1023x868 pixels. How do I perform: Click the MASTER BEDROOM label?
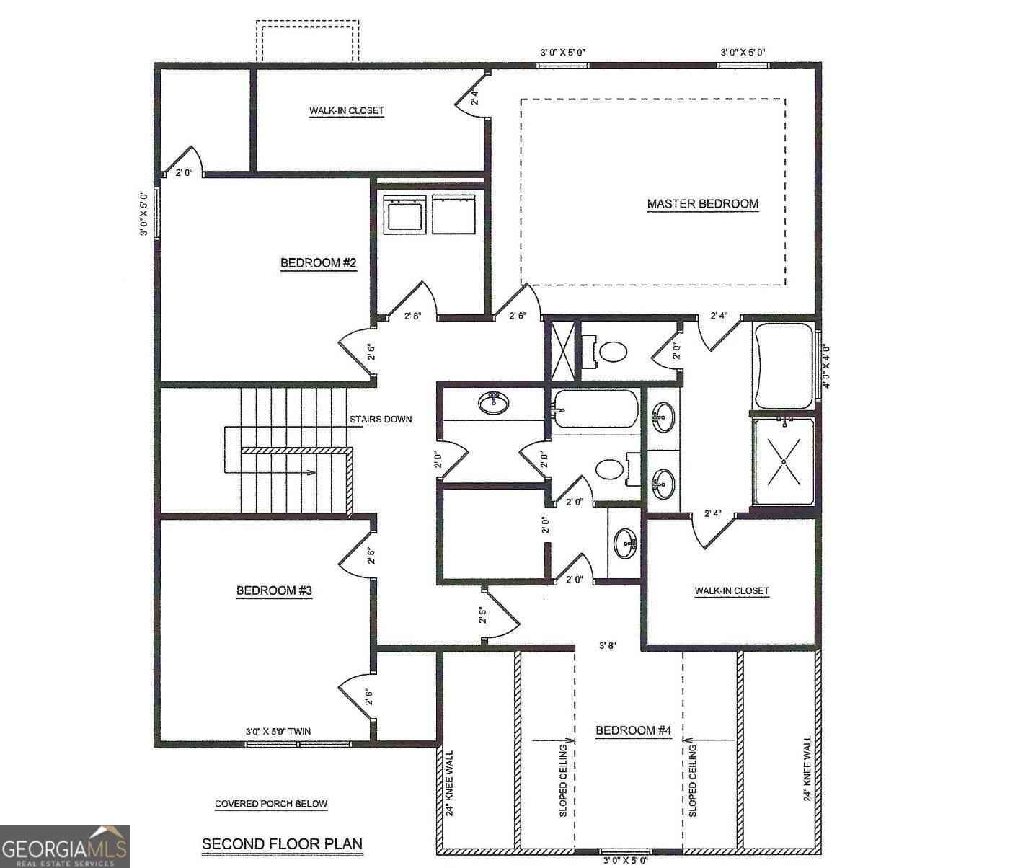(x=702, y=203)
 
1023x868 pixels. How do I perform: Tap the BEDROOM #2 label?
(x=318, y=262)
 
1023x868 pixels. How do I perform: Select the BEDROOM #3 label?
(x=274, y=590)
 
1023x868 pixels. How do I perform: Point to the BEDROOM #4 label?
(x=634, y=730)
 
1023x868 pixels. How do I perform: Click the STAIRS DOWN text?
(x=381, y=419)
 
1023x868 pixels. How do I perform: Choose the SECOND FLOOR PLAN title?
(x=282, y=843)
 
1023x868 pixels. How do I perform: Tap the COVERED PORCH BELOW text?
(x=271, y=804)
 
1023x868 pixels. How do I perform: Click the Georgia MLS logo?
(x=65, y=846)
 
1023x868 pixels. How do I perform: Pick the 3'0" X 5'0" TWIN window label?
(x=278, y=731)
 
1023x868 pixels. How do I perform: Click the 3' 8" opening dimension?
(x=608, y=645)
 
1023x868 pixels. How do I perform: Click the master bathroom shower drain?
(x=784, y=461)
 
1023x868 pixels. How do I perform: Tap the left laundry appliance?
(x=405, y=214)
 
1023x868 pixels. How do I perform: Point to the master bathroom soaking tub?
(x=783, y=366)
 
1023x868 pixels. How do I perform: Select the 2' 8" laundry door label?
(x=412, y=316)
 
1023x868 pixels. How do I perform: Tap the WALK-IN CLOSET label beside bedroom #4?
(x=732, y=590)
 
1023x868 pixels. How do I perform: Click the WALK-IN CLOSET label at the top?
(x=347, y=110)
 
